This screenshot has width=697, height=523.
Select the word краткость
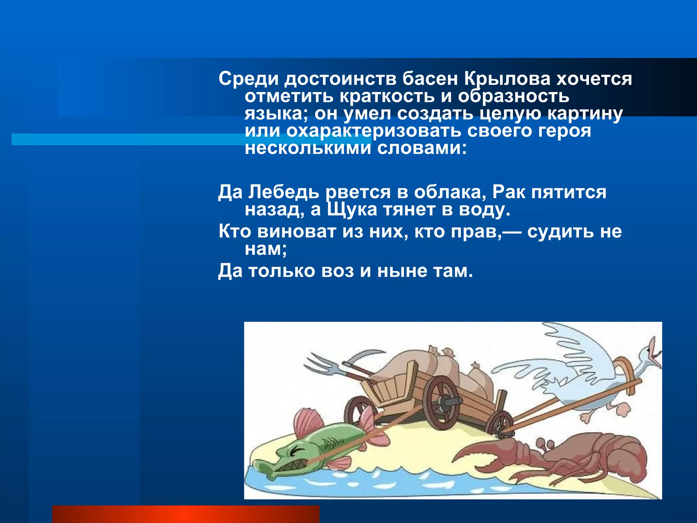(387, 96)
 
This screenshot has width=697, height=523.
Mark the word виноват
(296, 232)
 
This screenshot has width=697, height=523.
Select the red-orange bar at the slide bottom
(186, 514)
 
